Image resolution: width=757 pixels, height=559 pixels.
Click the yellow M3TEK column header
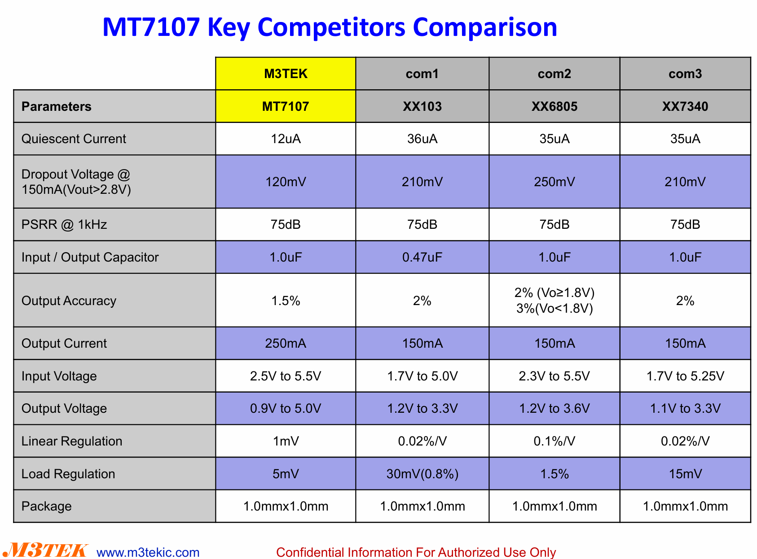click(285, 74)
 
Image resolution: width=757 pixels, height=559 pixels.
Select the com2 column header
click(554, 74)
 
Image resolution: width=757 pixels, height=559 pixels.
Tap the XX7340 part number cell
click(685, 106)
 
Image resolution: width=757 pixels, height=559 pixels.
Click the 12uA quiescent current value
click(285, 139)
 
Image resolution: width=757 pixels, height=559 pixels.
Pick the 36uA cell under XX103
click(422, 139)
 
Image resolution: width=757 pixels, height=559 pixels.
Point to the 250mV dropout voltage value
click(554, 182)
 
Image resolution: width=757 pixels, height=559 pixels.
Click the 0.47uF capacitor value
click(422, 257)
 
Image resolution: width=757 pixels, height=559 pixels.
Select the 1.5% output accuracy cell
click(285, 301)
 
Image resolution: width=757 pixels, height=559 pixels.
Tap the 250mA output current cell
click(285, 343)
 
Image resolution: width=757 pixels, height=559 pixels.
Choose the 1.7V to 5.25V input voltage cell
click(685, 376)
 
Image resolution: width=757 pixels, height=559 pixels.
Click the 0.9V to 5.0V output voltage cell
click(285, 408)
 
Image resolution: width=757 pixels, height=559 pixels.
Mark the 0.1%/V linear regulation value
click(554, 441)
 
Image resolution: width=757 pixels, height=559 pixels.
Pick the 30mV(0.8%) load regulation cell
click(422, 474)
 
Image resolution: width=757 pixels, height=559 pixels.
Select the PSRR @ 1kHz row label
click(64, 224)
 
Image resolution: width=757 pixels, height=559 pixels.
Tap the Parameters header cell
click(114, 106)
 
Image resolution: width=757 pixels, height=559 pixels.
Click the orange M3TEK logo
click(45, 550)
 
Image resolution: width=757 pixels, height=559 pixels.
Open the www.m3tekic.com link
click(148, 552)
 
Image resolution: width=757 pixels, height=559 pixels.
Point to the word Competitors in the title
click(331, 27)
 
